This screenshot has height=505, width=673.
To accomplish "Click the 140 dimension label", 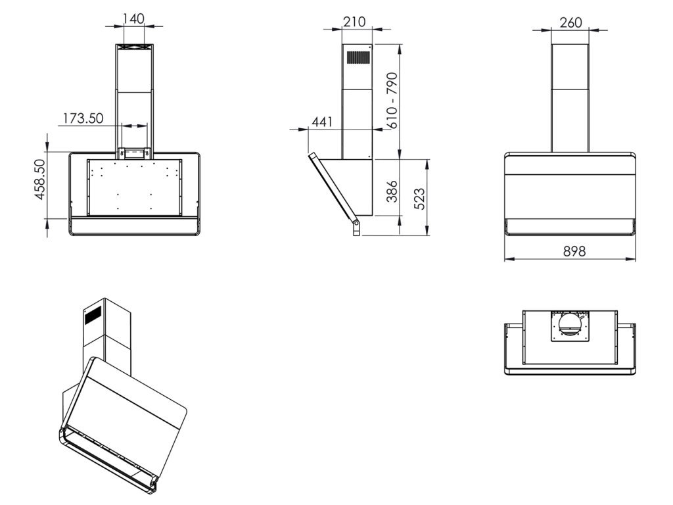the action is coord(133,18).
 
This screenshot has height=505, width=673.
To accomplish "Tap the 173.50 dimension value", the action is coord(83,118).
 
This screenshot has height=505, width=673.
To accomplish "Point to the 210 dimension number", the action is coord(354,22).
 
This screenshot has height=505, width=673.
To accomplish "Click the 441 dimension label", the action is coord(322,122).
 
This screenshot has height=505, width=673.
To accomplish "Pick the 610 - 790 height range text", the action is coord(391,99).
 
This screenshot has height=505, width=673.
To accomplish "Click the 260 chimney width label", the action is coord(570,22).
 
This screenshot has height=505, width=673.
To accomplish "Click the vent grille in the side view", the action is coord(358,58).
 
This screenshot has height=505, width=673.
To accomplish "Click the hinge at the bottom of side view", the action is coord(356,228).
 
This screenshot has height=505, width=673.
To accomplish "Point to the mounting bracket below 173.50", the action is coord(133,154).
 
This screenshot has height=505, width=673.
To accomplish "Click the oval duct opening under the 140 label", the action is coord(133,47).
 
